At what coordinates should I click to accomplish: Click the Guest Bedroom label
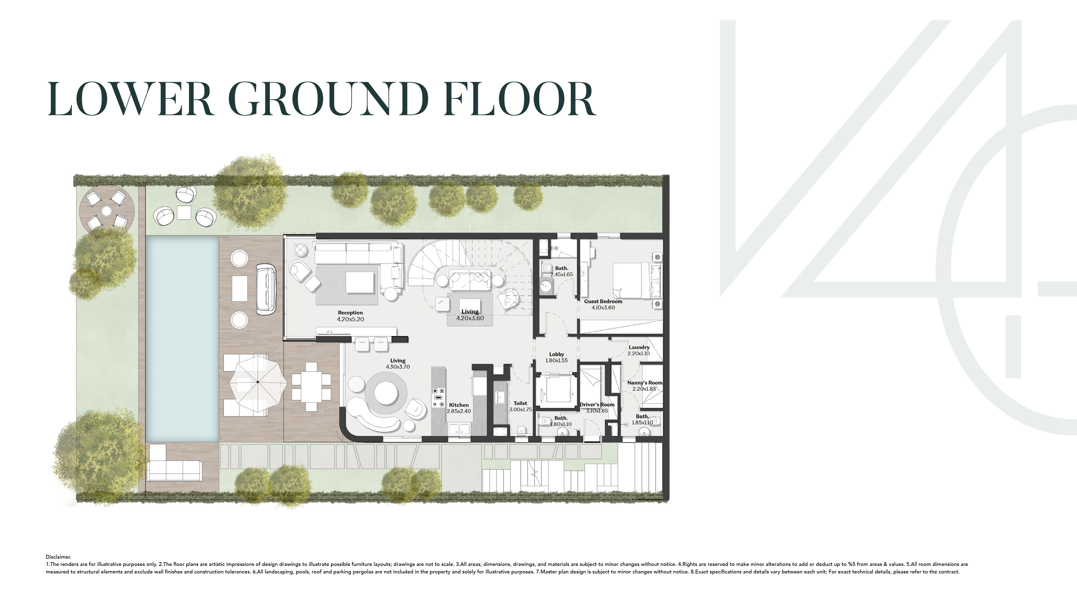[x=603, y=301]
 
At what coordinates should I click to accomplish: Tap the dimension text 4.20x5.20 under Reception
[x=350, y=319]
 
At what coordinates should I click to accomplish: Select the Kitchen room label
[x=459, y=405]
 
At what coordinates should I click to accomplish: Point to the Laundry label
[x=639, y=347]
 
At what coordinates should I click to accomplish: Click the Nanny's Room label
[x=644, y=383]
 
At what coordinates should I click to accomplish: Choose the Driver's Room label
[x=597, y=404]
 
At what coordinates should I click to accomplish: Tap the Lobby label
[x=557, y=354]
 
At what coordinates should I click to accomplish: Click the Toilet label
[x=520, y=403]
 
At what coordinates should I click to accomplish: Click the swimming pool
[x=182, y=339]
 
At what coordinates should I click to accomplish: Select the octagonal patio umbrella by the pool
[x=258, y=382]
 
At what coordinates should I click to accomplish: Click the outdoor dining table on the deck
[x=311, y=387]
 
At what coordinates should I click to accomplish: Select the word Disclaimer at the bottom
[x=58, y=557]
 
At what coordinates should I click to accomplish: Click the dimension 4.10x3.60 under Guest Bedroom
[x=603, y=308]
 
